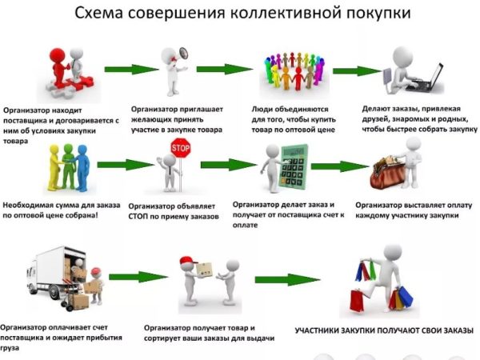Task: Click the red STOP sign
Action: (x=180, y=148)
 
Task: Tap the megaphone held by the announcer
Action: (x=183, y=54)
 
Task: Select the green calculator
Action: (x=294, y=167)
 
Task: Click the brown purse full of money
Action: (x=387, y=173)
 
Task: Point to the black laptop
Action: (x=426, y=79)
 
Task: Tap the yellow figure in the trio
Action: (x=54, y=168)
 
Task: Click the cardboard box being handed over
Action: (x=204, y=270)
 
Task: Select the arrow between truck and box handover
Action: (x=138, y=277)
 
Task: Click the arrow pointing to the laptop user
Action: (x=357, y=71)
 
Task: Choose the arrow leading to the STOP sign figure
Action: (x=126, y=165)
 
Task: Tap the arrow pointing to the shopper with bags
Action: (x=287, y=279)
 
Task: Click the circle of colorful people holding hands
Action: (x=293, y=70)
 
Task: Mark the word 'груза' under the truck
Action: (x=10, y=348)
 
